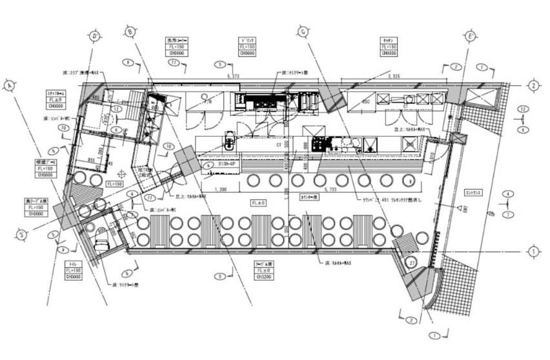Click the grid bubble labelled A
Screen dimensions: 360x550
(x=8, y=85)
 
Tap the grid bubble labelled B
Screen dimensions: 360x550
(x=130, y=30)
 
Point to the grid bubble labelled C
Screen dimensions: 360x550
(x=303, y=30)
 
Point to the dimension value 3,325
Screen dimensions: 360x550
(x=394, y=77)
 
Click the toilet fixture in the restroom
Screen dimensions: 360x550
(x=102, y=243)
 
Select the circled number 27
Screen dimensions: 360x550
(x=411, y=263)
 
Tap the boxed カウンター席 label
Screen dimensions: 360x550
(x=311, y=197)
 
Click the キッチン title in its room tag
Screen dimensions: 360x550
(x=389, y=40)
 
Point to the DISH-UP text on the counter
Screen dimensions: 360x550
(x=230, y=165)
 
